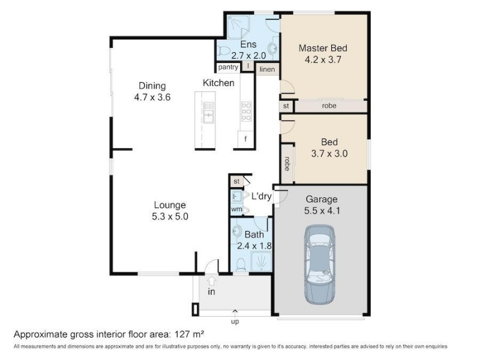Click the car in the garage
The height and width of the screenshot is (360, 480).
pos(320,265)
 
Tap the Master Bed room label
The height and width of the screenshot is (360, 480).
pos(323,49)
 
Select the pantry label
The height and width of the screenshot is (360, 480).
pos(228,67)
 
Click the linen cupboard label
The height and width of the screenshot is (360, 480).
pos(267,70)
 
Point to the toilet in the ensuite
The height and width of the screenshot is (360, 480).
pos(224,50)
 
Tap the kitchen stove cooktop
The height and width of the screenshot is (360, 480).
pos(247,112)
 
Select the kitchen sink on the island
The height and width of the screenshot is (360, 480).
pos(209,112)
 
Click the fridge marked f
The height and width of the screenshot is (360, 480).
pos(245,140)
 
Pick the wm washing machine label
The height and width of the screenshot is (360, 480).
pos(236,209)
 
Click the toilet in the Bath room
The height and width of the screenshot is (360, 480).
pos(241,265)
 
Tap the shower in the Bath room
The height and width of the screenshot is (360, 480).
pos(261,262)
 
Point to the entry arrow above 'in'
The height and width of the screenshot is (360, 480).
pos(212,280)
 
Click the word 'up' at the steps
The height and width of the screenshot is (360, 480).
pos(235,322)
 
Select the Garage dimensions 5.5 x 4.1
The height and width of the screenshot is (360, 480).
pos(322,211)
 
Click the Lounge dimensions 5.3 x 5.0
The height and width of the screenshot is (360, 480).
pos(170,217)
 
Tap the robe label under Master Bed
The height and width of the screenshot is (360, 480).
pos(329,106)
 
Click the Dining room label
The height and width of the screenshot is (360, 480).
pos(152,86)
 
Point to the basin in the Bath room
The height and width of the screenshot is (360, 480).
pos(236,230)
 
